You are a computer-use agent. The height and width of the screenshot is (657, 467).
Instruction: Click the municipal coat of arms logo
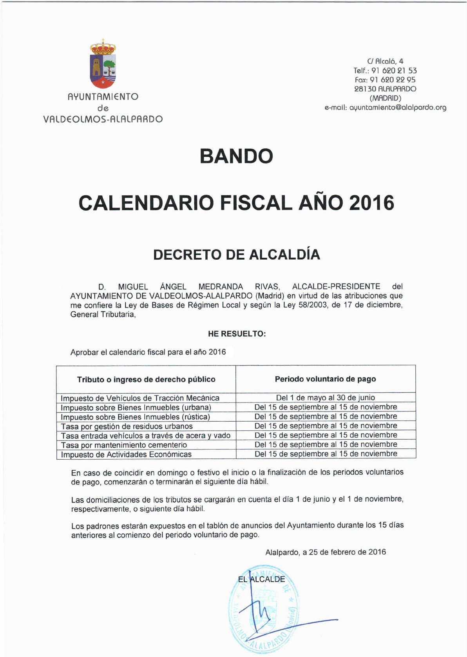coord(103,64)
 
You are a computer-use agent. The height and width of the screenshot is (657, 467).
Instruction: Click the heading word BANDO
coord(236,156)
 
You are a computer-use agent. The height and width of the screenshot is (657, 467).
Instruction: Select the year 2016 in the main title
coord(371,203)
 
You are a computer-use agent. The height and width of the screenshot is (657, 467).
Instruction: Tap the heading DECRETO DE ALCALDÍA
coord(236,255)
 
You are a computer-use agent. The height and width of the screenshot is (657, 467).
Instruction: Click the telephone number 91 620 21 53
coord(394,71)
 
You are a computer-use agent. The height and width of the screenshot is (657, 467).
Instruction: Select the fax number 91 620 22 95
coord(393,80)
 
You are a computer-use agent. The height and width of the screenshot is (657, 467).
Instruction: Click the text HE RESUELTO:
coord(237,334)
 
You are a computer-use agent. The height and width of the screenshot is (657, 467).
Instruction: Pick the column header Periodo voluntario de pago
coord(325,379)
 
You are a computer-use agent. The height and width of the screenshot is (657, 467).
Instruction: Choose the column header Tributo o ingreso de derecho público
coord(146,379)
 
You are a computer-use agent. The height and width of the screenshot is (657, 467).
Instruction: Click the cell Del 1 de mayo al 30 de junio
coord(325,398)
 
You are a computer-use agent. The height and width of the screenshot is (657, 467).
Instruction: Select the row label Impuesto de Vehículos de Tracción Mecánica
coord(140,398)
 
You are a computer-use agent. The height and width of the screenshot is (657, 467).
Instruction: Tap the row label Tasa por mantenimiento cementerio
coord(124,445)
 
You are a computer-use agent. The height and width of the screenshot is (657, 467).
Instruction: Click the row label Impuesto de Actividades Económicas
coord(126,455)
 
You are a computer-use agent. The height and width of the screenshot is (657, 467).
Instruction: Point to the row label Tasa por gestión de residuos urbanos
coord(127,426)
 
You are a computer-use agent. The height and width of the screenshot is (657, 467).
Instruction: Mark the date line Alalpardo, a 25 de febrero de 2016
coord(325,552)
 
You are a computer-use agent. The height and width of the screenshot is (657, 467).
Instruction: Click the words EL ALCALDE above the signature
coord(261,579)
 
